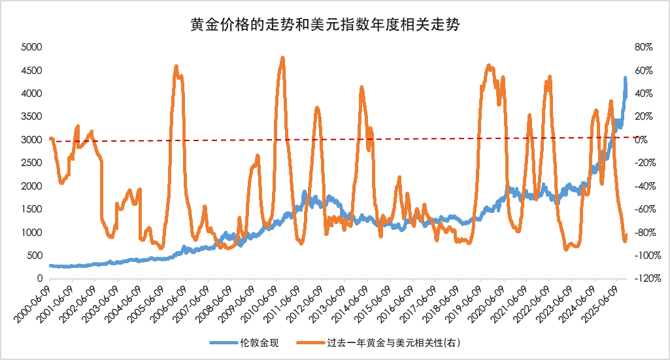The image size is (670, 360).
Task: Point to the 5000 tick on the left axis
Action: (x=31, y=48)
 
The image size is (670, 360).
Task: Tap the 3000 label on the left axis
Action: (x=31, y=140)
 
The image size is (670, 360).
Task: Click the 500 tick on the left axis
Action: (x=35, y=255)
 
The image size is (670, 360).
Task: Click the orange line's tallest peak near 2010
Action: (x=282, y=58)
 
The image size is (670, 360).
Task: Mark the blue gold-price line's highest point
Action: (x=625, y=78)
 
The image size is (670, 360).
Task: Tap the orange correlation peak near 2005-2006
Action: (x=176, y=67)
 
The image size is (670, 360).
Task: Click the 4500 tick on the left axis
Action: (x=31, y=71)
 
